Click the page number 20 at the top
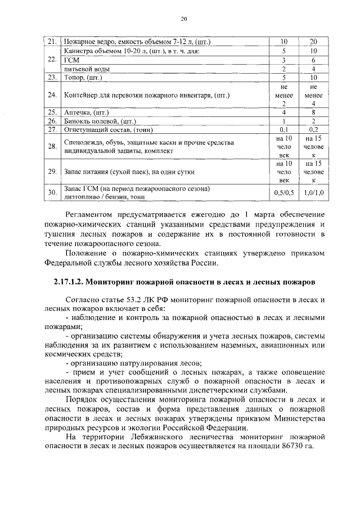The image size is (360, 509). click(x=183, y=19)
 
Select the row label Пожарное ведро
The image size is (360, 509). click(x=137, y=42)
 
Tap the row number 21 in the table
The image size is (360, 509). click(x=51, y=42)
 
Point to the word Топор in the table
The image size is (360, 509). click(x=74, y=78)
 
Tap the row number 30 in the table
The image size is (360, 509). click(x=51, y=192)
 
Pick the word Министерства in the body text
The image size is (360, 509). click(x=299, y=417)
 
